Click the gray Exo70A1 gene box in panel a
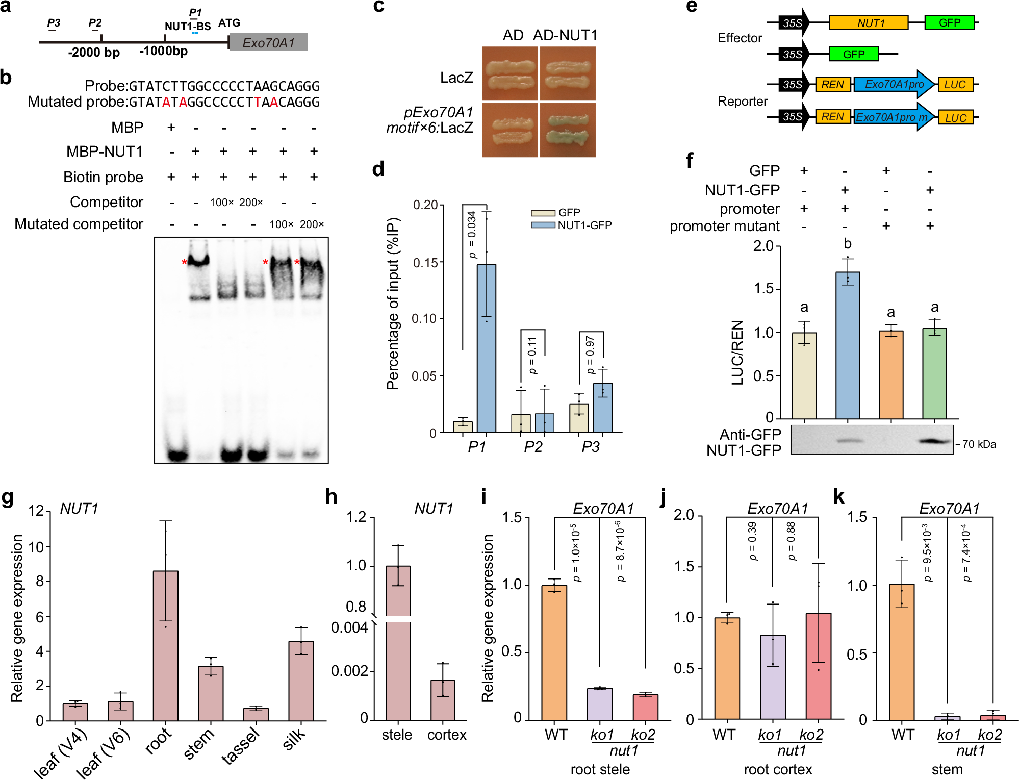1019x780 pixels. [x=268, y=42]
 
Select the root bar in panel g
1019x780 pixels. [x=165, y=645]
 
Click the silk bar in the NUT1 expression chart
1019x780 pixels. [x=301, y=681]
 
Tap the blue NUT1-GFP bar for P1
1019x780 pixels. [x=486, y=348]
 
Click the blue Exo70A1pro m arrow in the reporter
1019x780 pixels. [x=891, y=117]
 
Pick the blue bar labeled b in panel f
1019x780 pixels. [x=847, y=345]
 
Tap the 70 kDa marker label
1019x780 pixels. [x=979, y=444]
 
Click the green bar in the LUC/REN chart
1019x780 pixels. [x=934, y=373]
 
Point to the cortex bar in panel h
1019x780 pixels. [x=442, y=700]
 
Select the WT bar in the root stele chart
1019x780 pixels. [x=554, y=653]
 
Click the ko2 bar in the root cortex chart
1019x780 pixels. [x=818, y=666]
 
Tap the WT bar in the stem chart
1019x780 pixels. [x=901, y=652]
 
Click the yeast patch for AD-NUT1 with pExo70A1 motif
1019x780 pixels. [x=567, y=130]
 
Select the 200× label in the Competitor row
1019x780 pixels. [x=251, y=203]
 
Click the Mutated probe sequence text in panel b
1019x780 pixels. [x=224, y=102]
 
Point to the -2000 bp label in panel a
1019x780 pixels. [x=94, y=53]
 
